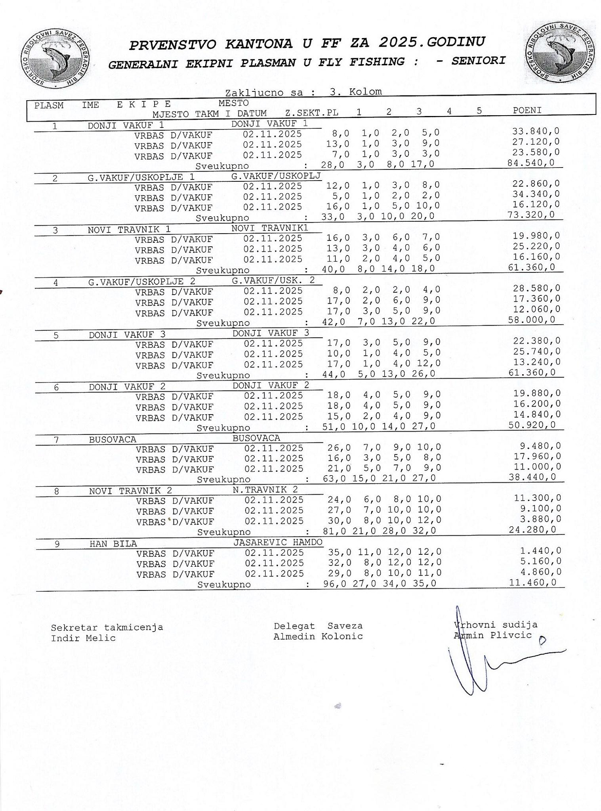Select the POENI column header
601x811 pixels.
527,110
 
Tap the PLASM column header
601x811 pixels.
49,105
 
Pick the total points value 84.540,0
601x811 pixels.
531,163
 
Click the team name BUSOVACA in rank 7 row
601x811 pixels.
113,440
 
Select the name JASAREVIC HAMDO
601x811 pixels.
278,542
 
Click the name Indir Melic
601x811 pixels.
83,638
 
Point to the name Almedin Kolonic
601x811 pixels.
318,636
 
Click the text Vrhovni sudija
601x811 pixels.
496,625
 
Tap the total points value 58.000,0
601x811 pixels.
531,320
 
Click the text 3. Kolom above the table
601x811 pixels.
355,92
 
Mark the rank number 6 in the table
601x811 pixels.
56,387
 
